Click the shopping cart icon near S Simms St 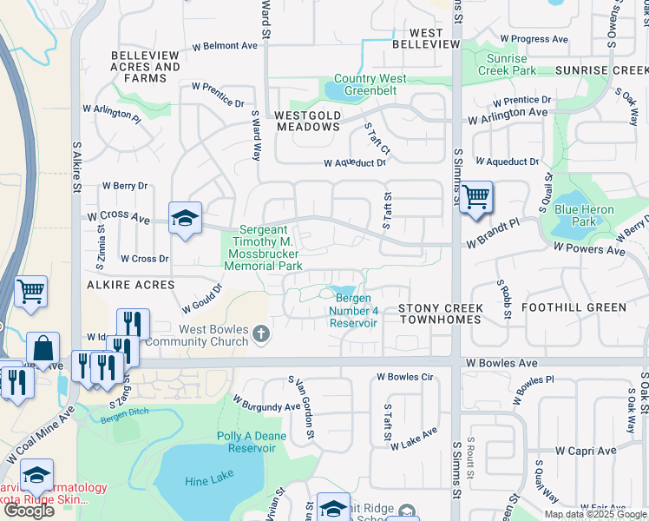pyautogui.click(x=475, y=197)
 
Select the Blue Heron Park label pyautogui.click(x=584, y=215)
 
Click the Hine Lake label pyautogui.click(x=205, y=481)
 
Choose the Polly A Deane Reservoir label pyautogui.click(x=252, y=442)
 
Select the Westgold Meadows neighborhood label pyautogui.click(x=308, y=121)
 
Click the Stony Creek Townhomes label pyautogui.click(x=439, y=313)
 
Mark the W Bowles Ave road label pyautogui.click(x=501, y=362)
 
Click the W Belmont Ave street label pyautogui.click(x=225, y=45)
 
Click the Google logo pyautogui.click(x=29, y=511)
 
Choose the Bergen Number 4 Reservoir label pyautogui.click(x=354, y=311)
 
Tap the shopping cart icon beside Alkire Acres pyautogui.click(x=30, y=292)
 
